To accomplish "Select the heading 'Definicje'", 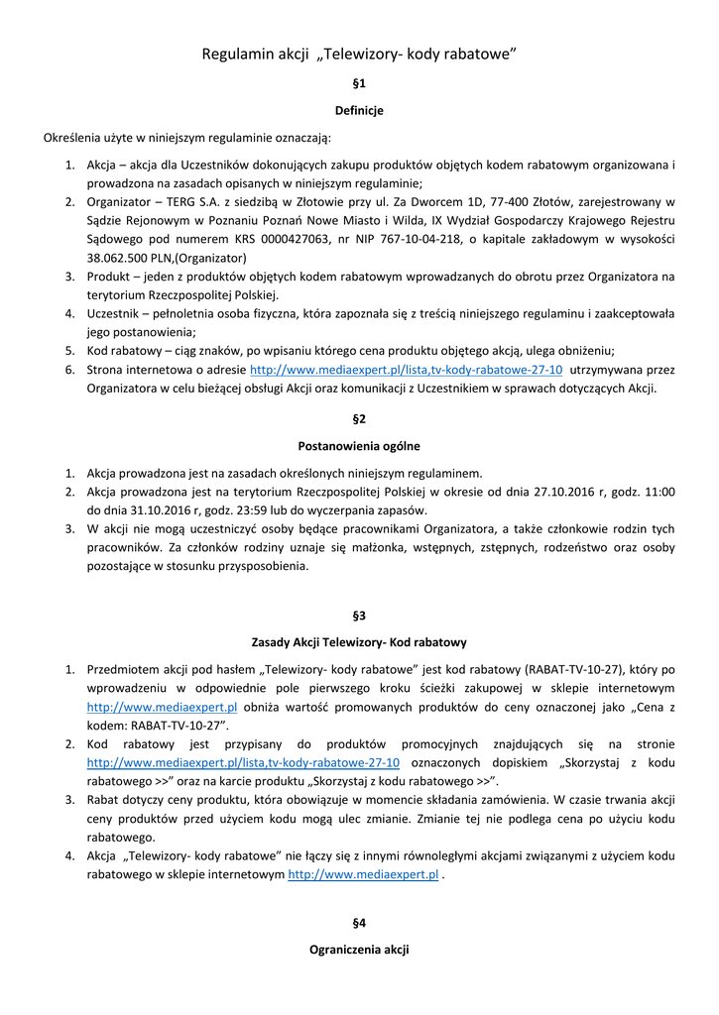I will [359, 110].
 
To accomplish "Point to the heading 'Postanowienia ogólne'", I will [359, 446].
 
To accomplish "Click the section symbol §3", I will [359, 615].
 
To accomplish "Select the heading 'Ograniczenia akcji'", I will [359, 950].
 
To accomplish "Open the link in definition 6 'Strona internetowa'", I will [407, 370].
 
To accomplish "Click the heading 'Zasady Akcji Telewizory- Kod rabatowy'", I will [359, 642].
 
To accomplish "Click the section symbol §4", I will [359, 923].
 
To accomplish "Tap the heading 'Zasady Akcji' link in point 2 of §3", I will [243, 762].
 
